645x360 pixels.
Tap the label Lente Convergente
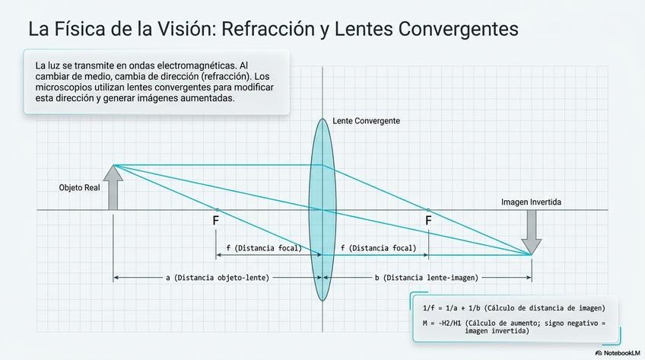click(x=366, y=121)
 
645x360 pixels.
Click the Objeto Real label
click(x=80, y=187)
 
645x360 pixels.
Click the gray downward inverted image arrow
click(x=532, y=231)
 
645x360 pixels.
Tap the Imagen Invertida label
click(x=532, y=202)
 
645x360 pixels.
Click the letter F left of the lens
click(x=216, y=221)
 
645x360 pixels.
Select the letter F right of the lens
click(x=428, y=221)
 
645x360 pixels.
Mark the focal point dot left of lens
click(x=218, y=209)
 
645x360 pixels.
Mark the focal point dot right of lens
click(x=428, y=209)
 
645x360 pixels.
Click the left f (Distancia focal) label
click(x=264, y=248)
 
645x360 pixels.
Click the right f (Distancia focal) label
click(x=378, y=248)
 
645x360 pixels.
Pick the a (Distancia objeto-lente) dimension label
click(x=217, y=278)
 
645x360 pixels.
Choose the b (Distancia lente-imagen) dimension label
click(x=426, y=278)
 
